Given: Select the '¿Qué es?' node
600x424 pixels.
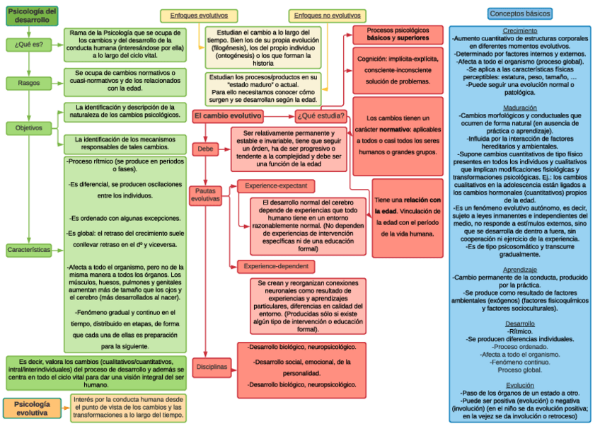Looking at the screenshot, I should [29, 45].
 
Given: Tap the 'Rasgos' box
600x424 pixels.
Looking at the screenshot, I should [29, 83].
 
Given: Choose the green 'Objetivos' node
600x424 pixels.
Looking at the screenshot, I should [29, 128].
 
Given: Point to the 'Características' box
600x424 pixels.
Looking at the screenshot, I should [29, 250].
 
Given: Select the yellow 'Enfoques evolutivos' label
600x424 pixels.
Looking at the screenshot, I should [194, 15].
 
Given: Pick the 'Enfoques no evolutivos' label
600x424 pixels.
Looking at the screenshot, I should [327, 15].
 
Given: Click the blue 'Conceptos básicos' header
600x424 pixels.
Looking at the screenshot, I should [520, 13].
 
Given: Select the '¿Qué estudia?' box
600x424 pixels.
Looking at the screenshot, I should [321, 116].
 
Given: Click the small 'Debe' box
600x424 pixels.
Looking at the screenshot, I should [205, 149].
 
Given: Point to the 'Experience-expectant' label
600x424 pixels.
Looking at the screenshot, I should [276, 186].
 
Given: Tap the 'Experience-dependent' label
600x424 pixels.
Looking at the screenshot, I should [276, 266].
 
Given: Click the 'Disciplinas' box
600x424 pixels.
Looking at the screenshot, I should [212, 367].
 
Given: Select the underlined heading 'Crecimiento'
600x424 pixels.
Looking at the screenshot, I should [520, 31].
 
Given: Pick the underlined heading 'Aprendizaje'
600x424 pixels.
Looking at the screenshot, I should [520, 270].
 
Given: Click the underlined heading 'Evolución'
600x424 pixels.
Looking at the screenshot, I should [520, 385].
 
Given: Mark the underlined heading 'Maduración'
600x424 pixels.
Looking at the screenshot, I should [520, 108].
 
